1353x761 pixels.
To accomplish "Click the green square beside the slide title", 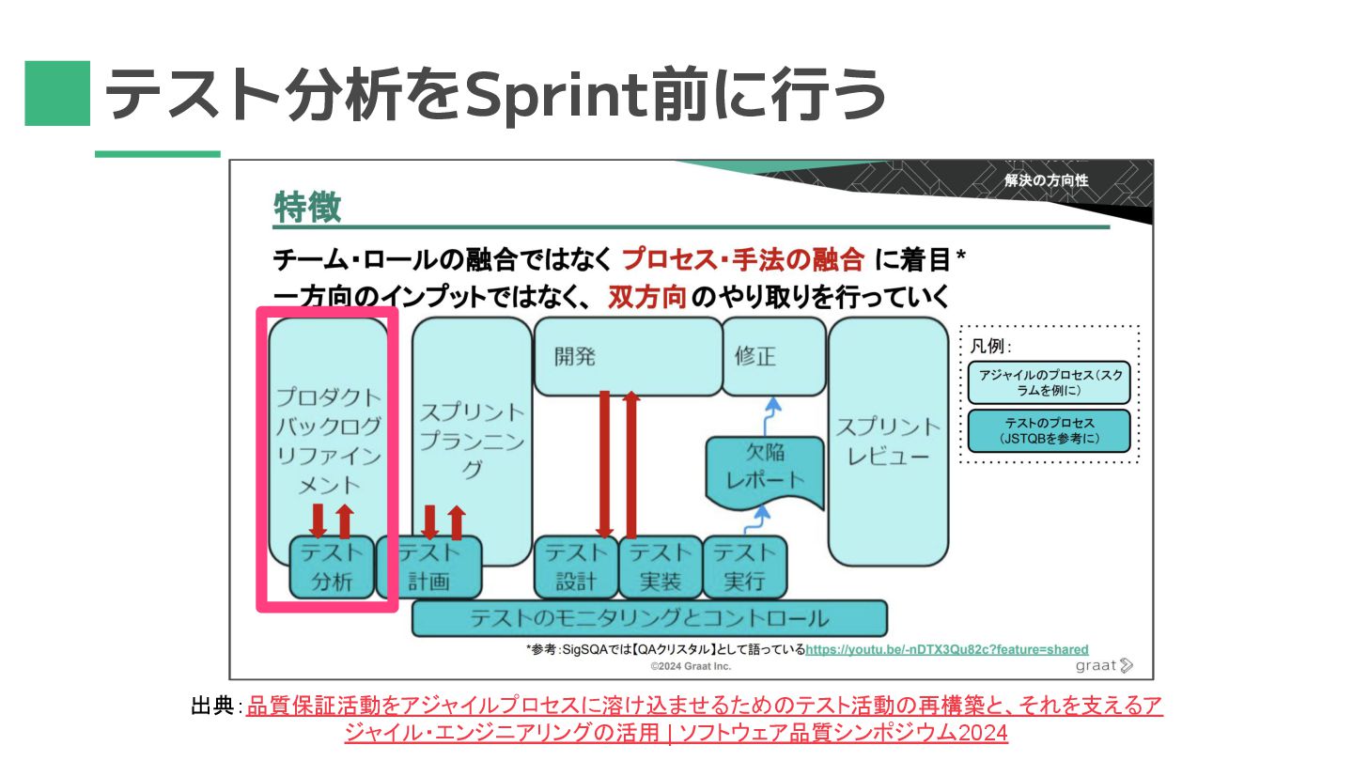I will pyautogui.click(x=57, y=93).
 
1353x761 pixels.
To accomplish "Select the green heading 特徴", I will pyautogui.click(x=307, y=207).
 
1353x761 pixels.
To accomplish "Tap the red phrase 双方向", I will pyautogui.click(x=646, y=296).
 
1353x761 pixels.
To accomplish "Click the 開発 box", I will pyautogui.click(x=625, y=357).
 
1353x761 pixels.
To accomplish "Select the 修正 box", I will pyautogui.click(x=772, y=357).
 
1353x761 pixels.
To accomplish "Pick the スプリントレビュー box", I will pyautogui.click(x=887, y=442).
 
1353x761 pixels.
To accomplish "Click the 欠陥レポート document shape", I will pyautogui.click(x=764, y=467).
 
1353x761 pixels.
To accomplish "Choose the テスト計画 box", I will pyautogui.click(x=428, y=567).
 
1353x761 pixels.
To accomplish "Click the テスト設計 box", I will pyautogui.click(x=575, y=567).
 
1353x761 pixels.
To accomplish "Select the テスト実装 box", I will pyautogui.click(x=660, y=567).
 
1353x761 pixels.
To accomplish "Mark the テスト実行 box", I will pyautogui.click(x=743, y=567).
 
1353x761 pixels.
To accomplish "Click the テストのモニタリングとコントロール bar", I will pyautogui.click(x=648, y=619).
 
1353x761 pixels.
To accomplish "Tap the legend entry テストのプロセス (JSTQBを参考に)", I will pyautogui.click(x=1049, y=430).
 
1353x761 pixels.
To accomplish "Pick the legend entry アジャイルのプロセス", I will pyautogui.click(x=1049, y=382).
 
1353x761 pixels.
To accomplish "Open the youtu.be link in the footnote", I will pyautogui.click(x=946, y=649).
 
